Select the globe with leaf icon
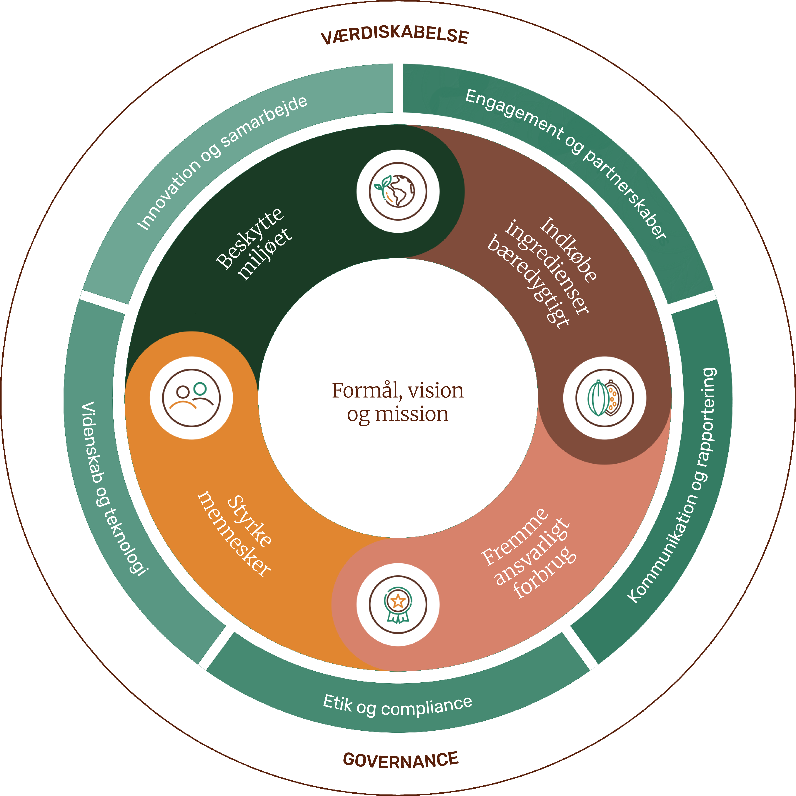[398, 191]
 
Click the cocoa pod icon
[604, 398]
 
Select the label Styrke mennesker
[235, 534]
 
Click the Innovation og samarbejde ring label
[222, 162]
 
